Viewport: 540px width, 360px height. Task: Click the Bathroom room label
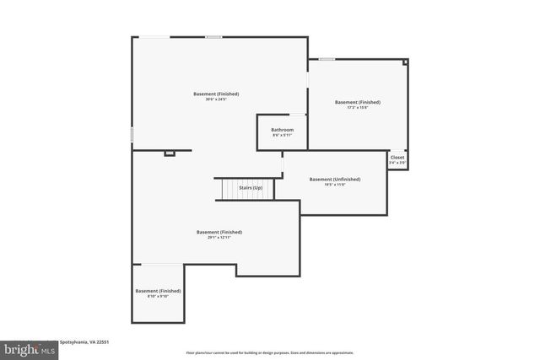point(282,130)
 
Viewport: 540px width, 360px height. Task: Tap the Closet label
point(397,157)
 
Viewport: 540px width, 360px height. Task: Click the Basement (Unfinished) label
point(334,179)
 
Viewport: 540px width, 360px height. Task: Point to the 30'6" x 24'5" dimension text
point(216,99)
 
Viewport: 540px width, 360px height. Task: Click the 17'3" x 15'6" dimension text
point(357,108)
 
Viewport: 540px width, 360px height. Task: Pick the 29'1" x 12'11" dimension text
point(219,238)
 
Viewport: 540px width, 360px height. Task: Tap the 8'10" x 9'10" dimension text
point(158,297)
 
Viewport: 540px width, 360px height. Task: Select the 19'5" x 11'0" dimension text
point(334,185)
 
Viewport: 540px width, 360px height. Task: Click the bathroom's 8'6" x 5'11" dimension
point(282,136)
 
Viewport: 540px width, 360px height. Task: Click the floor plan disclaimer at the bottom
point(270,352)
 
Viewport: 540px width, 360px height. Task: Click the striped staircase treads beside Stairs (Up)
point(229,190)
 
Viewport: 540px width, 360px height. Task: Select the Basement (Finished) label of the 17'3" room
point(357,102)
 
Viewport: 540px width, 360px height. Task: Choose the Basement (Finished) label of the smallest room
point(158,291)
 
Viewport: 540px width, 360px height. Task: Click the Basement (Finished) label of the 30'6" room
point(216,94)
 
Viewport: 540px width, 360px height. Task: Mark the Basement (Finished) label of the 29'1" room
point(219,232)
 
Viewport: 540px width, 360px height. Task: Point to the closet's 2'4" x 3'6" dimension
point(397,163)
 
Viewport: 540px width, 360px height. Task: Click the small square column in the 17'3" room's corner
point(405,62)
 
